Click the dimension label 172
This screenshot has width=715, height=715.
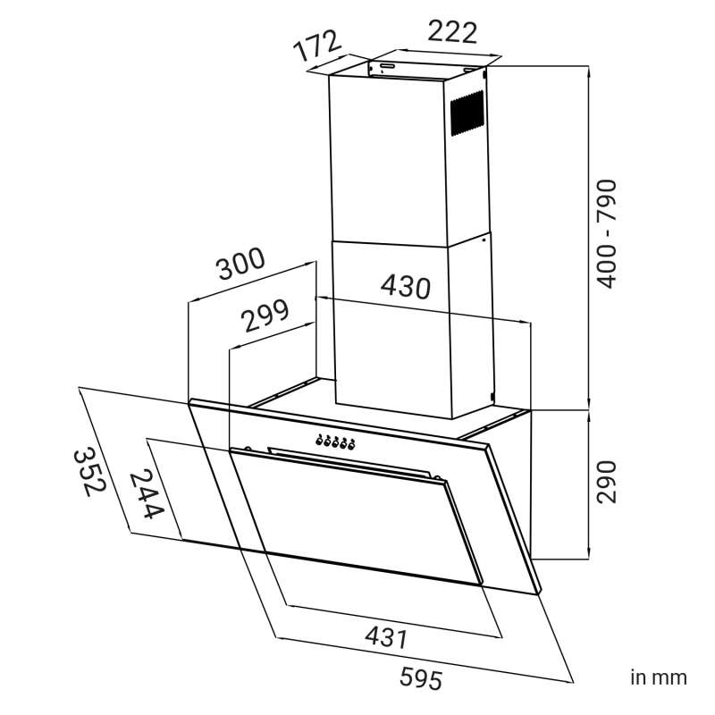(x=318, y=46)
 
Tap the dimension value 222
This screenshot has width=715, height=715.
(x=452, y=32)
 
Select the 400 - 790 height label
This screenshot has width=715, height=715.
(x=607, y=234)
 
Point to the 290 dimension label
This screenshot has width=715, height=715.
(x=607, y=482)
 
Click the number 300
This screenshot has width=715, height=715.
(x=240, y=264)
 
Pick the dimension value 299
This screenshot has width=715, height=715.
(x=265, y=315)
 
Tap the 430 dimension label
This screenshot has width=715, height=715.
(x=406, y=287)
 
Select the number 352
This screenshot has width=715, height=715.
(x=90, y=473)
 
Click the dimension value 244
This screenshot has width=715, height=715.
(x=147, y=495)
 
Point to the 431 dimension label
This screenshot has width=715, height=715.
(x=386, y=636)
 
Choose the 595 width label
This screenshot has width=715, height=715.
(x=421, y=678)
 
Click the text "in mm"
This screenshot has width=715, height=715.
(x=659, y=677)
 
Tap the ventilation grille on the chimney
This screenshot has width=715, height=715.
(x=467, y=114)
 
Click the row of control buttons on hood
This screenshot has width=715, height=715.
(x=335, y=442)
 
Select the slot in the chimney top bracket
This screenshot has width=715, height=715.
(x=388, y=66)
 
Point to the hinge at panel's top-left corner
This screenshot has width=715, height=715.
(x=248, y=449)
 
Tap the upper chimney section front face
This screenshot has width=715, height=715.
(x=388, y=161)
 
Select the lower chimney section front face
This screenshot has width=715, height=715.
(x=392, y=329)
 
